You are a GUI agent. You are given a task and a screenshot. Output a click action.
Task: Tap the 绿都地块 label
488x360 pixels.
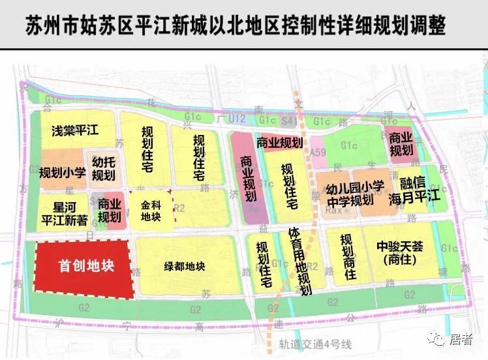coord(185,266)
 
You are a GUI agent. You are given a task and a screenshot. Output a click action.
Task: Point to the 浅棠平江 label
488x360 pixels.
coord(75,130)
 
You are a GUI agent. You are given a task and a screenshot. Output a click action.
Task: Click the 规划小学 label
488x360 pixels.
coord(63,173)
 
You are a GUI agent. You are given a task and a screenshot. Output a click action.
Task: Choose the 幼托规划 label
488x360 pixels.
coord(103,168)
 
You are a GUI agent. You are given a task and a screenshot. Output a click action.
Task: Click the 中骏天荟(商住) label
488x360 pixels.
coord(400,254)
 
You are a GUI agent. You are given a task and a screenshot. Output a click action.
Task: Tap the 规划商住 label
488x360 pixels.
coord(347,257)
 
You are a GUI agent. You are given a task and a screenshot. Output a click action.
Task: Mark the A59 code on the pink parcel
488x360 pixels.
coord(318,152)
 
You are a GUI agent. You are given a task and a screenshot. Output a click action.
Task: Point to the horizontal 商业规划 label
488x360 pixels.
coord(279,143)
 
